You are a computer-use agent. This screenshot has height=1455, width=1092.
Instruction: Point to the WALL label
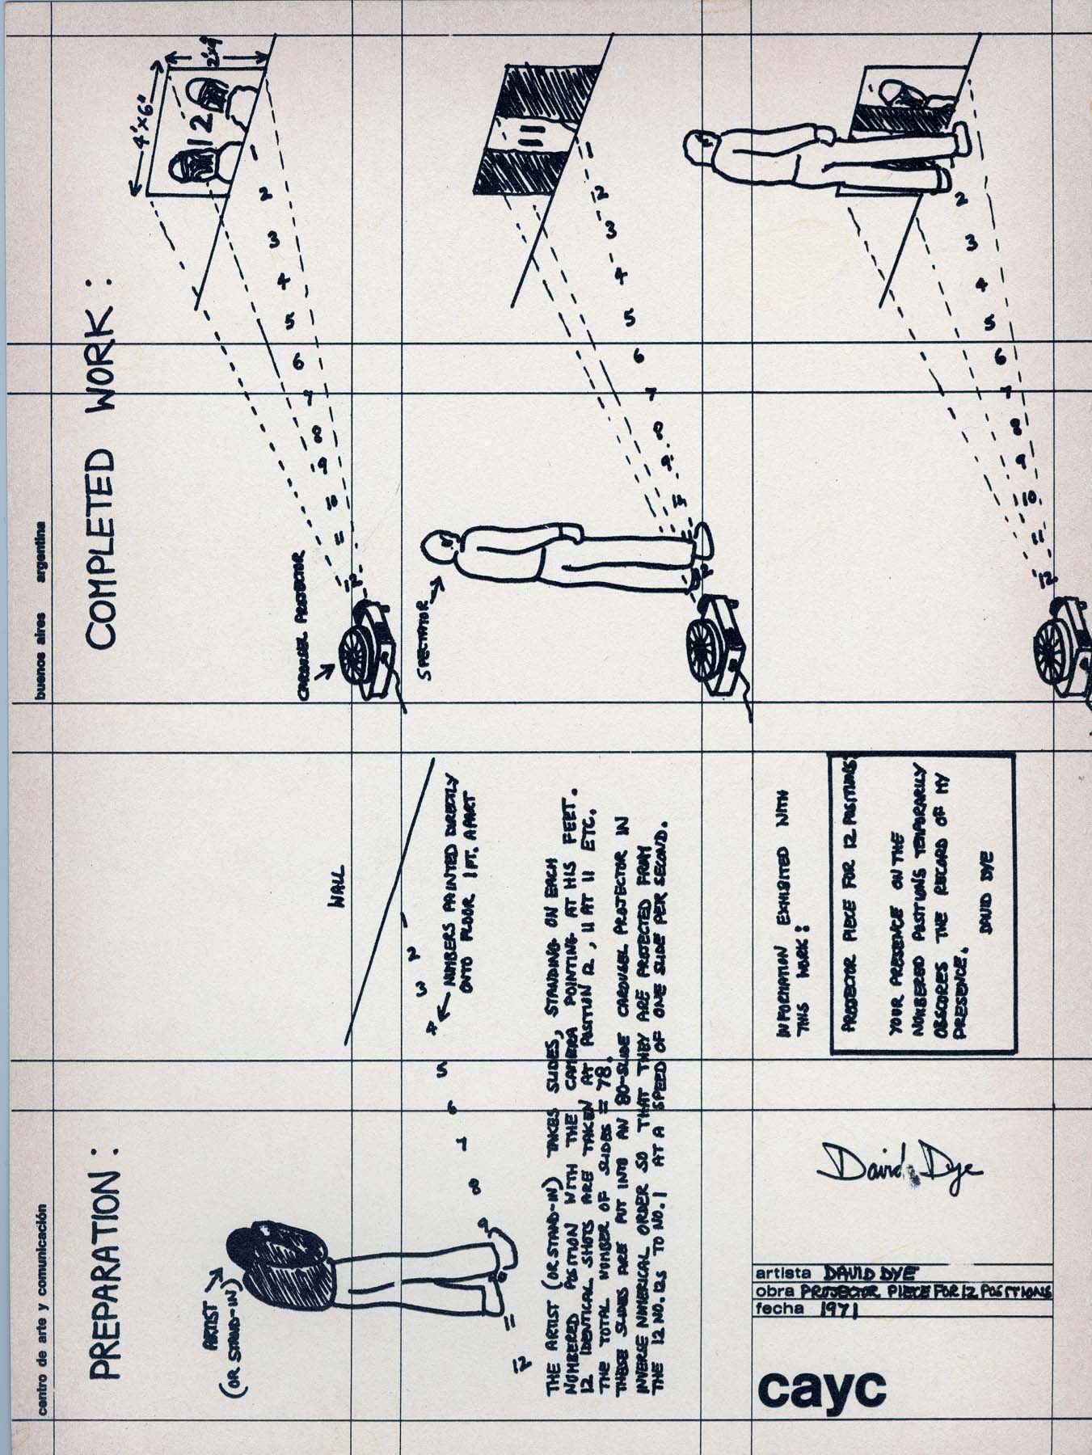pyautogui.click(x=337, y=876)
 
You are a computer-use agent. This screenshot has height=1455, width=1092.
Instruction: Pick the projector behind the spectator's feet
pyautogui.click(x=716, y=639)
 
